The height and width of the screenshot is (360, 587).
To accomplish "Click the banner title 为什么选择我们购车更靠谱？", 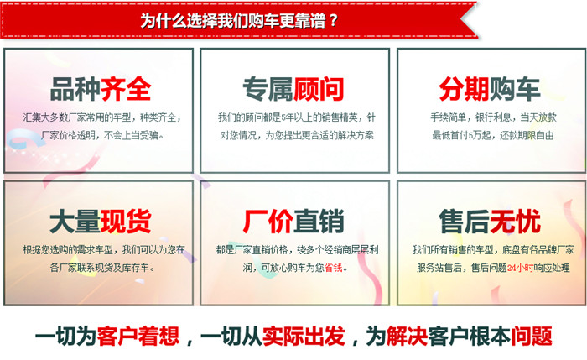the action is point(239,20).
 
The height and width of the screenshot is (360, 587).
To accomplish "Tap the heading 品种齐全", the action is point(101,89).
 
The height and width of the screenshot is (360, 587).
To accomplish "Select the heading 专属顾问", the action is point(293,89).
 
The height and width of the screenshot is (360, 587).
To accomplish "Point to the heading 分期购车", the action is point(489,89).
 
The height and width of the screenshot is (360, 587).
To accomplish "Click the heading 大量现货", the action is point(101,222).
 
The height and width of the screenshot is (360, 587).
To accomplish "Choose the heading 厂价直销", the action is point(293,222).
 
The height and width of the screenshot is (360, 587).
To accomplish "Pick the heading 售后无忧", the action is point(490,222).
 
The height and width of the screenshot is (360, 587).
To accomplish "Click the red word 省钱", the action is point(333,268).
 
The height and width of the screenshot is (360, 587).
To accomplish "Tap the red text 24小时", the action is point(521,268).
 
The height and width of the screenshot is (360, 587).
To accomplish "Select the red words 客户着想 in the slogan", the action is point(138,336).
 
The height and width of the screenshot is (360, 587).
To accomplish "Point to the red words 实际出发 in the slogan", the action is point(304,336).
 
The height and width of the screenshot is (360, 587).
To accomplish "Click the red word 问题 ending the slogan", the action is point(532,336).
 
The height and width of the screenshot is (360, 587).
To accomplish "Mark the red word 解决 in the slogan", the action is point(407,336).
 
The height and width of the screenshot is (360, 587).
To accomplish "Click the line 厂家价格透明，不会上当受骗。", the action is point(102,135).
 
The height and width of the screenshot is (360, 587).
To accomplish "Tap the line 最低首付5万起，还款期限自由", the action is point(493,135).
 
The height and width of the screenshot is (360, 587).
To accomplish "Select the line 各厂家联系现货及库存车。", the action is point(102,268).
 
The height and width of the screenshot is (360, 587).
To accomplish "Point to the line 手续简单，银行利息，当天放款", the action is point(493,117).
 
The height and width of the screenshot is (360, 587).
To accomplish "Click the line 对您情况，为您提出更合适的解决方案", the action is point(297,135).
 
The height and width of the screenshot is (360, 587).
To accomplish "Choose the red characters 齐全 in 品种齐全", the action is point(126,89).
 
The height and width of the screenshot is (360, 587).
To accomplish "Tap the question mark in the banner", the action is point(334,21).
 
